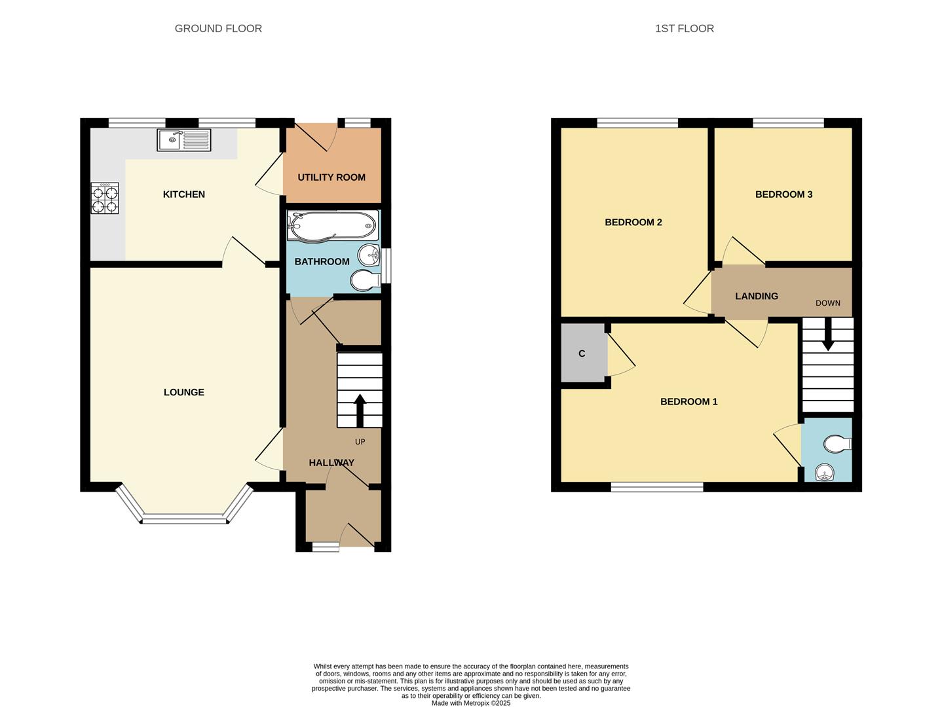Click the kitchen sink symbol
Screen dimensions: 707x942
(183, 139)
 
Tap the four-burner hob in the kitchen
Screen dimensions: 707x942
(105, 198)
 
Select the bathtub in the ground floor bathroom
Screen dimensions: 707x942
(333, 226)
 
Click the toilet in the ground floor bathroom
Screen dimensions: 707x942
(366, 281)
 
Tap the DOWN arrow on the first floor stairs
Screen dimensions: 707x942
(828, 335)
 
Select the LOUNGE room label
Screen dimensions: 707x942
(184, 392)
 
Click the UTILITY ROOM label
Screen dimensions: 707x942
(331, 177)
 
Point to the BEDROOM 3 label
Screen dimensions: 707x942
(783, 194)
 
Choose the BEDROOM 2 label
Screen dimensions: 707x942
(633, 223)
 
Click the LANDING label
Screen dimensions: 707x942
(756, 296)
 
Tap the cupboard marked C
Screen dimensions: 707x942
(582, 353)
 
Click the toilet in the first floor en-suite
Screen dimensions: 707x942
(837, 444)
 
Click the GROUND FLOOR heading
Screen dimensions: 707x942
(218, 28)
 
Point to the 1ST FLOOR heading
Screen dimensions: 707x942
(685, 28)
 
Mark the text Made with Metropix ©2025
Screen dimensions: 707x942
(471, 703)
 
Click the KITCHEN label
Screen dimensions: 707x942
(184, 194)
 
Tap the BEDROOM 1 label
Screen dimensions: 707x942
(688, 402)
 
